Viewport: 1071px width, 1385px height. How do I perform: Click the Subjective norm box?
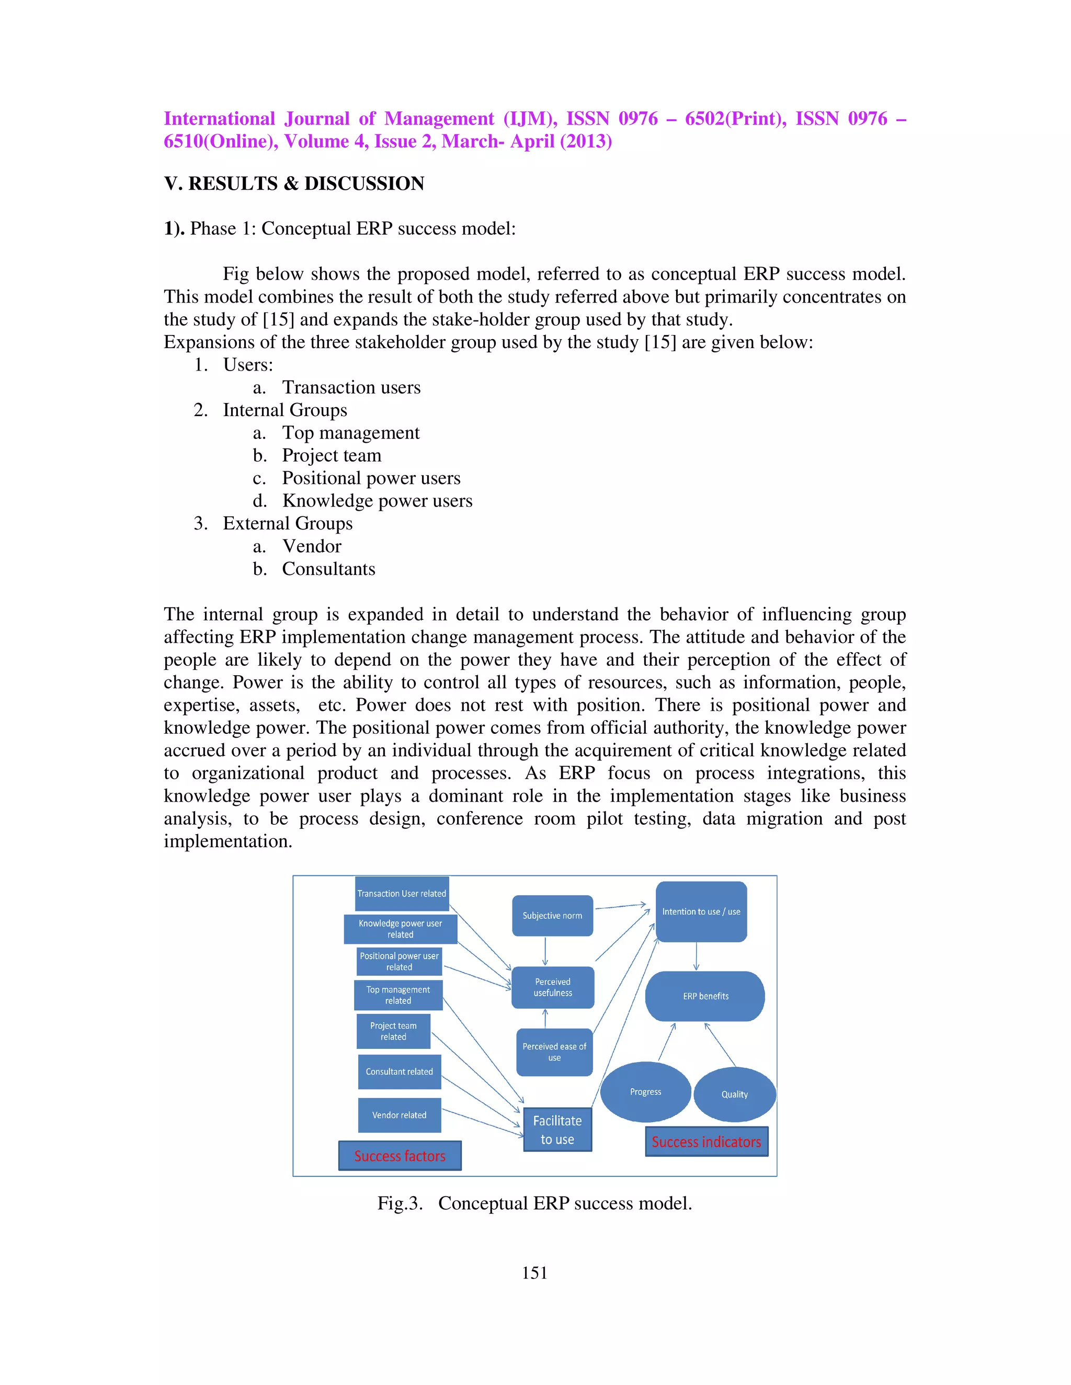[552, 915]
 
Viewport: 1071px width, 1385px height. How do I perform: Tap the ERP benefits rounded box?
[705, 996]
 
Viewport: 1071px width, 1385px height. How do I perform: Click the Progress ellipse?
[645, 1091]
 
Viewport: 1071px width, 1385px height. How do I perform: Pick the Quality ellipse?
[734, 1094]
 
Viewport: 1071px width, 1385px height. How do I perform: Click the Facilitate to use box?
[557, 1129]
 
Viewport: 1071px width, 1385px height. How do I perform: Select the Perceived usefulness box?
[553, 987]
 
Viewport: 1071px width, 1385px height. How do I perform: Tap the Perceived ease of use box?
[554, 1052]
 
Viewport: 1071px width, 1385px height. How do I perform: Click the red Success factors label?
[400, 1156]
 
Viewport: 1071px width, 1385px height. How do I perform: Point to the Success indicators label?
[706, 1141]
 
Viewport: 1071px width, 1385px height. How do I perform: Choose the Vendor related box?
[399, 1115]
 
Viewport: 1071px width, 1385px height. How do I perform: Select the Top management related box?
[398, 995]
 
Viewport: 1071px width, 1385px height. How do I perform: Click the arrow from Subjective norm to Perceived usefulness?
[545, 951]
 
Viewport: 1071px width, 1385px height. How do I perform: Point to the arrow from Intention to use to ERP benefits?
[696, 956]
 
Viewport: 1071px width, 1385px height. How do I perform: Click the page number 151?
[534, 1273]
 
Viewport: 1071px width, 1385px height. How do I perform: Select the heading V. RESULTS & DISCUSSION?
[294, 183]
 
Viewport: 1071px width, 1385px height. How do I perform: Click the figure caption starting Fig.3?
[534, 1203]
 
